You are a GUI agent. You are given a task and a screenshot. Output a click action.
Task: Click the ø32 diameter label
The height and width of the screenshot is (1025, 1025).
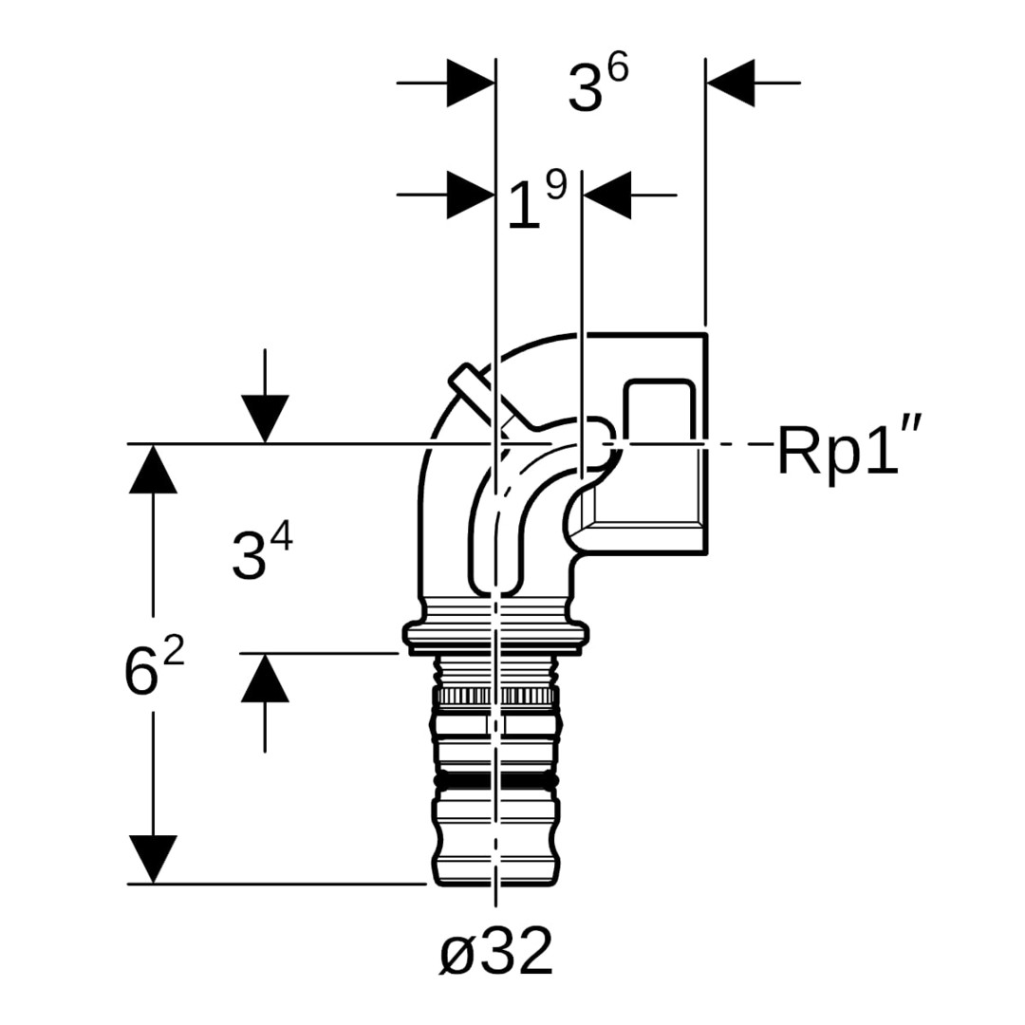[x=495, y=951]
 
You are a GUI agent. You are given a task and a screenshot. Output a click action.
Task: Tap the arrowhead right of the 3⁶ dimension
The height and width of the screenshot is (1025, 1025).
[x=730, y=84]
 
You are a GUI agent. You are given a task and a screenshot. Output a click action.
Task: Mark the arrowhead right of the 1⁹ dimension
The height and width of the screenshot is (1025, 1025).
[x=607, y=195]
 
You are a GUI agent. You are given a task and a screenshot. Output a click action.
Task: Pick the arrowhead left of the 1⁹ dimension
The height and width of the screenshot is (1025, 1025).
[x=470, y=195]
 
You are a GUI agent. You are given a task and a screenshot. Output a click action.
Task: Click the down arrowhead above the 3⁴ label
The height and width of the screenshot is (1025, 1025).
[x=265, y=418]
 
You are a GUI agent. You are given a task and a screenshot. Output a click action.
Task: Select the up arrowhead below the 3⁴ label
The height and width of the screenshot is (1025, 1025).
[x=265, y=679]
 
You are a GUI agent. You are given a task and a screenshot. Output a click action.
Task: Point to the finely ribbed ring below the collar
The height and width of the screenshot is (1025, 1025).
[x=496, y=697]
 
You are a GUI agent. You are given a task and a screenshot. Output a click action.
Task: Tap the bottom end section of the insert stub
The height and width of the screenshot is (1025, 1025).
[x=496, y=859]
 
